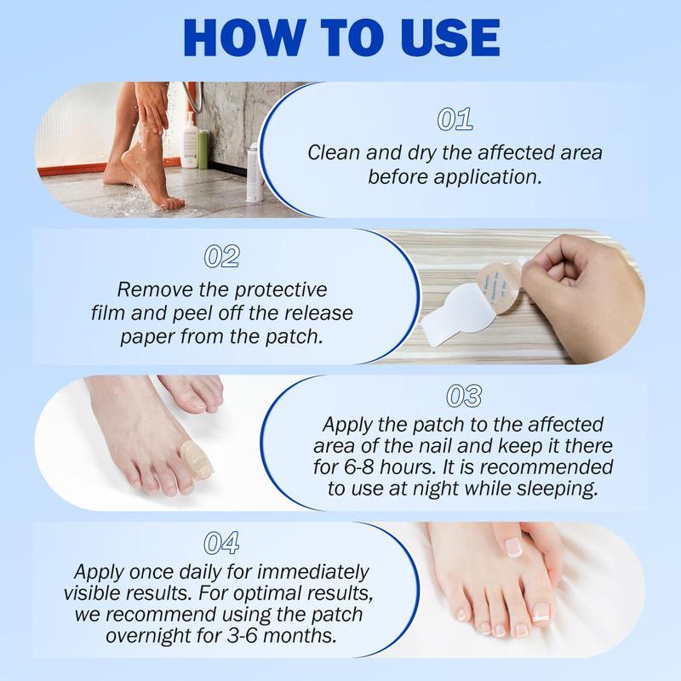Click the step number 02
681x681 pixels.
222,256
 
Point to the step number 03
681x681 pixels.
463,396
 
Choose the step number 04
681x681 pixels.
222,542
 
